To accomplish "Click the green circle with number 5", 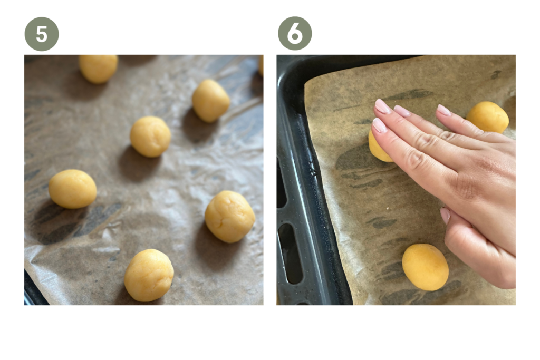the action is pyautogui.click(x=42, y=34).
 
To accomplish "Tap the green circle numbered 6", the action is pyautogui.click(x=295, y=33).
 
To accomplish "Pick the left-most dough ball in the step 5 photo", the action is pyautogui.click(x=72, y=189).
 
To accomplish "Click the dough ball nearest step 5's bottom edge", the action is pyautogui.click(x=149, y=275).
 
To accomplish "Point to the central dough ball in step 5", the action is pyautogui.click(x=150, y=137).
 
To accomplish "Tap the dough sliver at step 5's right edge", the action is pyautogui.click(x=261, y=65).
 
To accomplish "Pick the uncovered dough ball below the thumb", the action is pyautogui.click(x=426, y=267).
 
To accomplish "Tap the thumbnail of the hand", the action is pyautogui.click(x=445, y=216).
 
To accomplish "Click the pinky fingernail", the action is pyautogui.click(x=444, y=110).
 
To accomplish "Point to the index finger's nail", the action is pyautogui.click(x=379, y=125).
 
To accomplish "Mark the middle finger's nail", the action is pyautogui.click(x=383, y=106).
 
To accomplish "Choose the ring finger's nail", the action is pyautogui.click(x=402, y=111).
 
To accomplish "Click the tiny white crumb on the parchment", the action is pyautogui.click(x=388, y=208).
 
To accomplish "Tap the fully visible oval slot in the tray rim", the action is pyautogui.click(x=291, y=254).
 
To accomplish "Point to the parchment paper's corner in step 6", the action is pyautogui.click(x=305, y=83).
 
